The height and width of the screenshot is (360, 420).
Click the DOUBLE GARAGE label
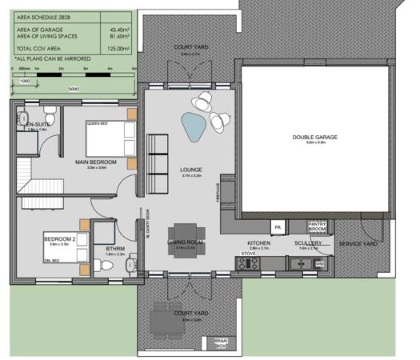click(x=314, y=138)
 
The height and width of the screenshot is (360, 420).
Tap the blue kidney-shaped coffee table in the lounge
click(x=193, y=123)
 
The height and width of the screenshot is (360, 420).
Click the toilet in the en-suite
click(x=50, y=111)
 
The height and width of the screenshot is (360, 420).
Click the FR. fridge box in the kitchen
click(x=277, y=228)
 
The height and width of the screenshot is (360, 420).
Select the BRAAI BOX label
click(x=221, y=344)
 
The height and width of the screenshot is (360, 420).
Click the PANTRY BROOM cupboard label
click(x=317, y=226)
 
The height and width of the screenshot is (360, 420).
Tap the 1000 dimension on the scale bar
click(x=24, y=81)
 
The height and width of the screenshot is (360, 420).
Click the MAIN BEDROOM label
click(x=96, y=162)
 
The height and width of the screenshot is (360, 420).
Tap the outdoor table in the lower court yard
click(x=163, y=320)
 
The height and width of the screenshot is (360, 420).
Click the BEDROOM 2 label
click(x=58, y=238)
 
